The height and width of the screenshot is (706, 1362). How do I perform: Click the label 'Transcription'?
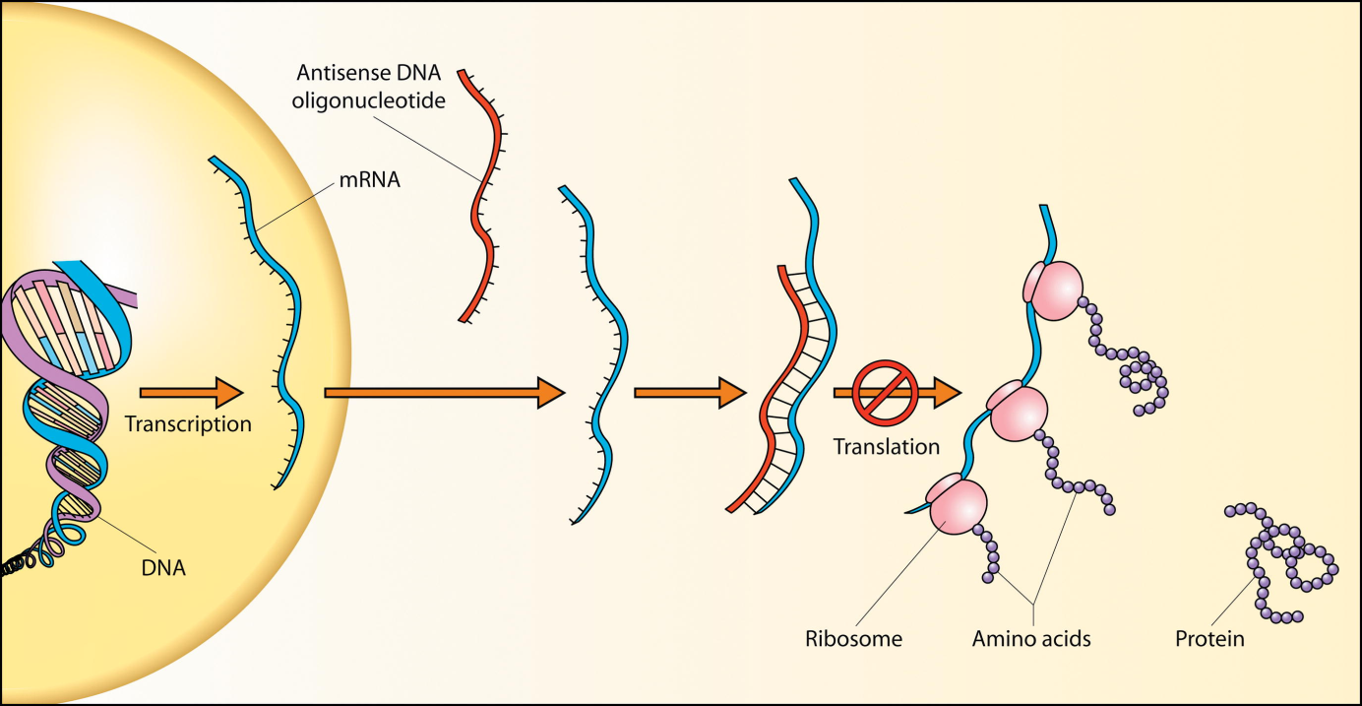(x=188, y=424)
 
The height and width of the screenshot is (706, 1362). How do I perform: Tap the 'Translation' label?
(x=887, y=446)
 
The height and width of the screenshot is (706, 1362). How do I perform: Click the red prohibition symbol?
(x=885, y=392)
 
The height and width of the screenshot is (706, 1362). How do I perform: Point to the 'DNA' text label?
(x=163, y=567)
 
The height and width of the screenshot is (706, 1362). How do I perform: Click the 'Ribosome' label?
(x=853, y=639)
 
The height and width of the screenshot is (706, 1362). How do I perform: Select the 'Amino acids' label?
(x=1031, y=639)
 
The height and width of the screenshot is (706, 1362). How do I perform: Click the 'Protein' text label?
(x=1209, y=639)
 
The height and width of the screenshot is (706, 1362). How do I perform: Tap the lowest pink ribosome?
(x=955, y=505)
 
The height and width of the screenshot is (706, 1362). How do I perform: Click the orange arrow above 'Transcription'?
(x=191, y=392)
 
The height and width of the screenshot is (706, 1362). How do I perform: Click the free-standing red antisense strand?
(x=481, y=197)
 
